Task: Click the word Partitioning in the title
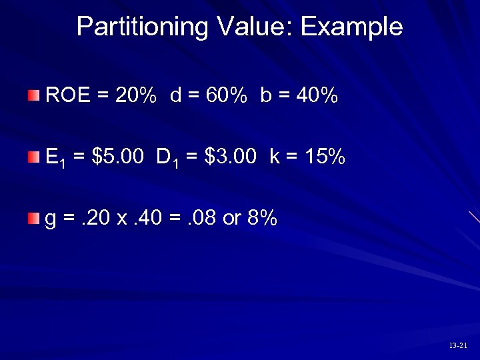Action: coord(143,27)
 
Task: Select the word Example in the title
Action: coord(351,27)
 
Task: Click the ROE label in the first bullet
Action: coord(67,97)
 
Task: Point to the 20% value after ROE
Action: coord(136,97)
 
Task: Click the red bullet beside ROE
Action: coord(34,96)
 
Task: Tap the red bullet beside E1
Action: coord(34,157)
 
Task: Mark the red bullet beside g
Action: coord(34,218)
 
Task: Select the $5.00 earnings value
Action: coord(119,157)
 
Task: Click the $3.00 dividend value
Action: coord(231,157)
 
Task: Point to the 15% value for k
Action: coord(323,157)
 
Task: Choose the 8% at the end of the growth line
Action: coord(262,219)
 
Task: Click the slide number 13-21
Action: coord(458,346)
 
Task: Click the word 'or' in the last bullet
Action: coord(231,219)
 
